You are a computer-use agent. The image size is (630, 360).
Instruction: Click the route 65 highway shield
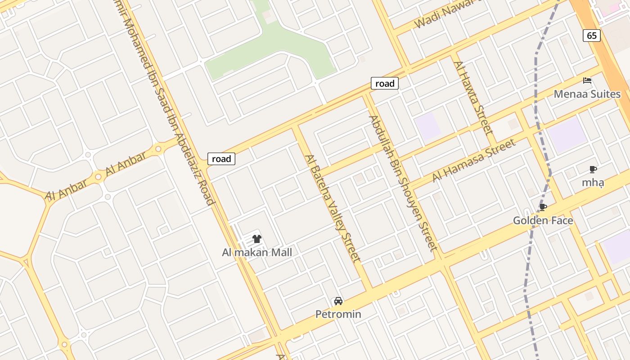(x=592, y=36)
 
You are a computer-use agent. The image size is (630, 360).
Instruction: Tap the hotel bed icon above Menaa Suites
(x=587, y=81)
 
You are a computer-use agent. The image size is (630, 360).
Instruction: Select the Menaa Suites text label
(x=587, y=94)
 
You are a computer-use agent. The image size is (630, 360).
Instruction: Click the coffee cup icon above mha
(x=593, y=170)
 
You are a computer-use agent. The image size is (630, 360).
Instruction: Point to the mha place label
(x=593, y=182)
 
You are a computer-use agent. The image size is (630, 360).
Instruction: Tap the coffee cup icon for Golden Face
(x=543, y=207)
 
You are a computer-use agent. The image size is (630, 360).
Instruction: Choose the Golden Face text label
(x=543, y=220)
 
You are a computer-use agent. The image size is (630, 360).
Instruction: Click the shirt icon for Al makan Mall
(x=257, y=239)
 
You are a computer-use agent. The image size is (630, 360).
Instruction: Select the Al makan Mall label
(x=257, y=252)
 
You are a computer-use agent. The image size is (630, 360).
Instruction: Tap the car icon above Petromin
(x=338, y=301)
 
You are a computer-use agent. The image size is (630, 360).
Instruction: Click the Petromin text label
(x=338, y=314)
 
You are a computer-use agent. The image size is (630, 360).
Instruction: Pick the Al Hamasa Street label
(x=473, y=160)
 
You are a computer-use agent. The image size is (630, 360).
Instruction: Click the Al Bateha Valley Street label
(x=333, y=208)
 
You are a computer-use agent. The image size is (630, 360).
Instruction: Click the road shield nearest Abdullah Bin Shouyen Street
(x=385, y=83)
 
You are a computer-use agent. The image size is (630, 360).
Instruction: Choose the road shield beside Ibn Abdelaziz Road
(x=221, y=158)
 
